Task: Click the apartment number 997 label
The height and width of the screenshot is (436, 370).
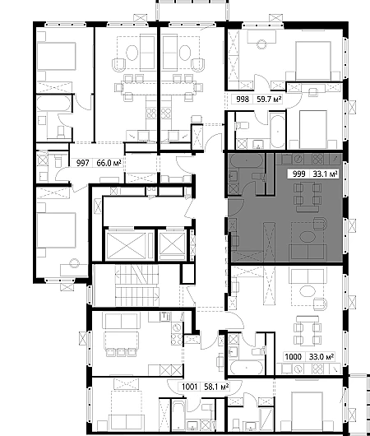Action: coord(82,163)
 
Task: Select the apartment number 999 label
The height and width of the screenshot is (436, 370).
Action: coord(298,174)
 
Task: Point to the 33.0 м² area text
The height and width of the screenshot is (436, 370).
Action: coord(321,356)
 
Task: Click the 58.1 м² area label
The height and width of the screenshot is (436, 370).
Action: coord(216,387)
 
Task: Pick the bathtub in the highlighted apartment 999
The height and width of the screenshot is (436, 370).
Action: coord(246,160)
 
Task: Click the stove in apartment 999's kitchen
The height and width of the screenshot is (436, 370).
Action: coord(317,159)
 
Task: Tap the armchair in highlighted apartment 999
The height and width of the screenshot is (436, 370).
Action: coord(320,224)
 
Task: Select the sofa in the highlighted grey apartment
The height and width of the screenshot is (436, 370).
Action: coord(308,252)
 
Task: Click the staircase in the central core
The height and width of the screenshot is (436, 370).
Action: coord(137,285)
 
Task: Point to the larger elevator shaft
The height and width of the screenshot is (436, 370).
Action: coord(127,245)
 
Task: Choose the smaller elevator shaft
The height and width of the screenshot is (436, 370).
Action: coord(173,245)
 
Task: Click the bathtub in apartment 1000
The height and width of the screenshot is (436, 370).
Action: coord(246,368)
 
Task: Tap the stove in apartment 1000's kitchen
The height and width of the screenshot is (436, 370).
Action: coord(317,369)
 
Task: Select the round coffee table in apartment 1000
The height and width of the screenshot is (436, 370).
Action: coord(308,291)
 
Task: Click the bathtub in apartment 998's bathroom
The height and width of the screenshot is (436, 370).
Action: coord(277,130)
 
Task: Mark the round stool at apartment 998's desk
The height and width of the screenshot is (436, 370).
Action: coord(261,44)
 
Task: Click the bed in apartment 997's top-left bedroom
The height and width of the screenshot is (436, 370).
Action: coord(57,56)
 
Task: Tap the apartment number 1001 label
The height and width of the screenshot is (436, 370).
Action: coord(189,387)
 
